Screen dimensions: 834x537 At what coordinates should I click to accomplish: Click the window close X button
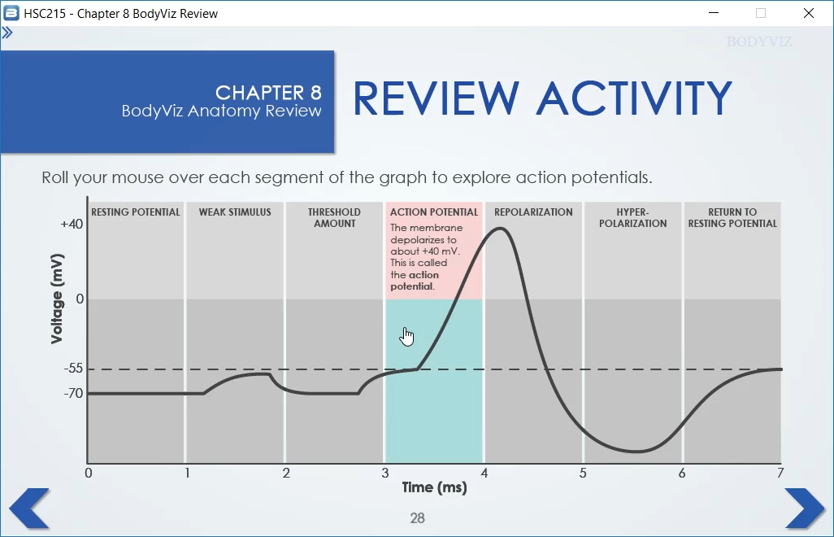809,13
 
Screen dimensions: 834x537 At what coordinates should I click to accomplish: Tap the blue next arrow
804,509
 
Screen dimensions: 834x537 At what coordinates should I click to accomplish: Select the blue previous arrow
30,509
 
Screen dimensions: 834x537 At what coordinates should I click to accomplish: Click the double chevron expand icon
7,33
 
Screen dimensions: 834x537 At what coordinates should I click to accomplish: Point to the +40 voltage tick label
72,224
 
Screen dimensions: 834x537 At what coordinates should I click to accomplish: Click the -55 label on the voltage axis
73,369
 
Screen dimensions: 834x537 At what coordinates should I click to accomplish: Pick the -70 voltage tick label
73,393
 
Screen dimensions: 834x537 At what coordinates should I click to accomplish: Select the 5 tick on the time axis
583,474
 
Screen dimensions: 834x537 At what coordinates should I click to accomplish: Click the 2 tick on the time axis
286,474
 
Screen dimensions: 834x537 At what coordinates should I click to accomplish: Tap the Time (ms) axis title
435,487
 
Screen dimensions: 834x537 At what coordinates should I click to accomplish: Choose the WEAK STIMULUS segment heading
235,212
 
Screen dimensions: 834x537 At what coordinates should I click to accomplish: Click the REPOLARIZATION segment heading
533,212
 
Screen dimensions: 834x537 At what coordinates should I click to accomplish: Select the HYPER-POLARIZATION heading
633,218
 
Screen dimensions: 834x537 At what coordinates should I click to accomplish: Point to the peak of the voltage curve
501,229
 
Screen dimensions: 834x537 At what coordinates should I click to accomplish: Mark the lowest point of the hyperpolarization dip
636,452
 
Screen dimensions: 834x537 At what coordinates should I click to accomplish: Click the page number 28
418,517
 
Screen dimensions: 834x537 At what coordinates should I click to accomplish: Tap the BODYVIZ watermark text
759,41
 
